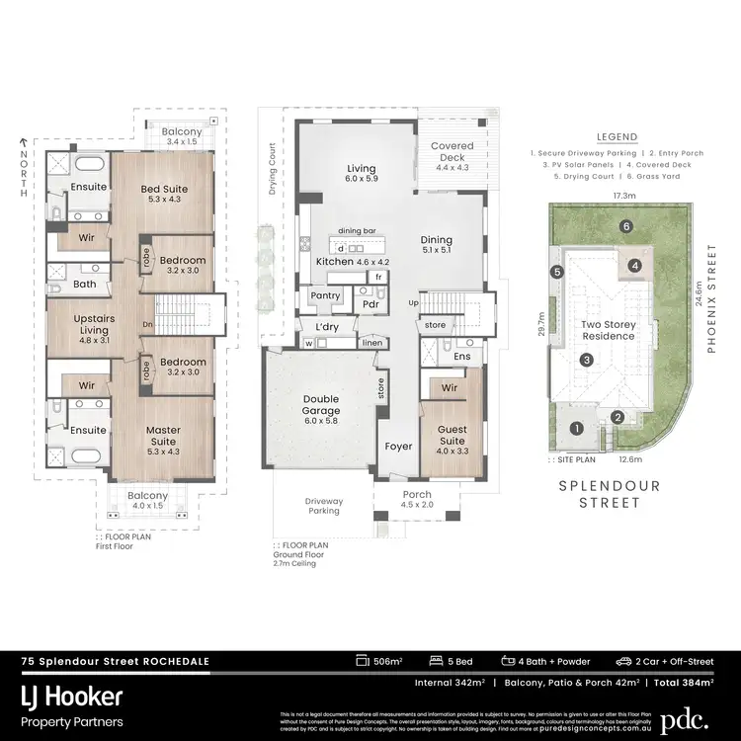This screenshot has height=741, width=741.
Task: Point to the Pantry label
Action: [325, 295]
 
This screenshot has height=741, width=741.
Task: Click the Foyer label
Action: [398, 447]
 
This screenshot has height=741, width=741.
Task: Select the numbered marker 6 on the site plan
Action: [626, 226]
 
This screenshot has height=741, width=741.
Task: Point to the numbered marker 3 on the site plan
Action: [586, 361]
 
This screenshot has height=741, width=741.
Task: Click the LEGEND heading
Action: [617, 137]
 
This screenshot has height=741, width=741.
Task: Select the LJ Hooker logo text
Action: [71, 698]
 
